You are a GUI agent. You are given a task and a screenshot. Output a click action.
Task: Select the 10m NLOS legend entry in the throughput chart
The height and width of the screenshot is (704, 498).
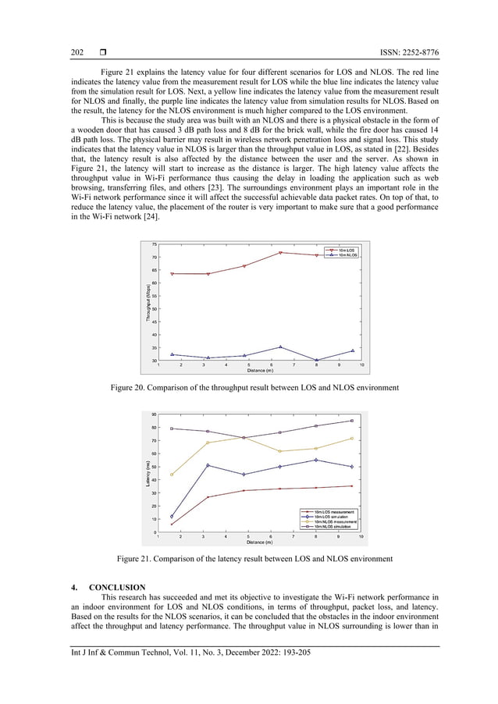click(347, 254)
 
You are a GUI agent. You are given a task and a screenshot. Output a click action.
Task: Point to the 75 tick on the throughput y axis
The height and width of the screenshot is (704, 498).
click(154, 245)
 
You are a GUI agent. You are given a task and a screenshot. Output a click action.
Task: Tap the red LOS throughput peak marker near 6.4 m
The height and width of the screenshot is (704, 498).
click(280, 252)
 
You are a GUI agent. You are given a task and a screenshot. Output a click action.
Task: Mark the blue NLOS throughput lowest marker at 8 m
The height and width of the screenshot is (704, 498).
click(316, 360)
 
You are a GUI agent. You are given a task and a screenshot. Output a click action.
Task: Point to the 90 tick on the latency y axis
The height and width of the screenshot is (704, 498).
click(154, 414)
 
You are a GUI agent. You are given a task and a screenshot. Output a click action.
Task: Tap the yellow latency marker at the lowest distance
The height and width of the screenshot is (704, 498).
click(172, 475)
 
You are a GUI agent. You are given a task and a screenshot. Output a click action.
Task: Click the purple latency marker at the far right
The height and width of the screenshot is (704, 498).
click(352, 421)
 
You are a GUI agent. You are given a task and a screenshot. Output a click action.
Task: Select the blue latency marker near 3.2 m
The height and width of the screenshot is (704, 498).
click(208, 465)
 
